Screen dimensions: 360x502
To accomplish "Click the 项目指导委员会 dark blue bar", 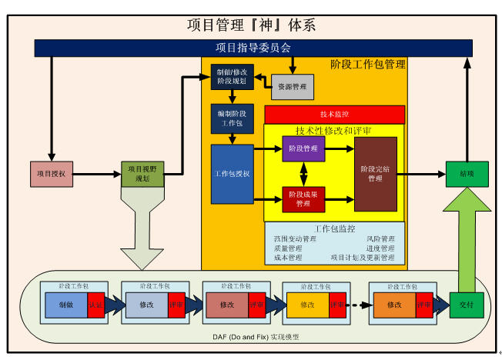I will click(x=253, y=48).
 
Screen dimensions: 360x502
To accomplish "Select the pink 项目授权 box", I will click(x=52, y=174).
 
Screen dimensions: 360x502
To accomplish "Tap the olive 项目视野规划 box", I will click(x=142, y=174).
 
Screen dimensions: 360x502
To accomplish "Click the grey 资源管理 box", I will click(x=293, y=87).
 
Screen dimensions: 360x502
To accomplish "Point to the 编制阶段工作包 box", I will click(x=232, y=118).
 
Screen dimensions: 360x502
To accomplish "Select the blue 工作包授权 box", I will click(x=232, y=174).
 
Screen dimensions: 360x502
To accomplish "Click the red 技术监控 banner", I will click(x=334, y=114).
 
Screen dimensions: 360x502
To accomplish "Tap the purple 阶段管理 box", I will click(x=303, y=148).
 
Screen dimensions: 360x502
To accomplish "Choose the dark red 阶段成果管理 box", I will click(x=303, y=199).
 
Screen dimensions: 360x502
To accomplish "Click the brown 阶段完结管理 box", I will click(x=375, y=174).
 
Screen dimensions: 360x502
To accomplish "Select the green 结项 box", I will click(x=467, y=174).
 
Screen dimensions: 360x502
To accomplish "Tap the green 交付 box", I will click(x=467, y=305).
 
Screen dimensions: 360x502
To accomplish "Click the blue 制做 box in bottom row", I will click(x=66, y=305).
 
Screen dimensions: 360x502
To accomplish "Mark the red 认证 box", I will click(x=95, y=305).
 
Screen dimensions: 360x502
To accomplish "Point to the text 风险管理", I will click(x=381, y=239).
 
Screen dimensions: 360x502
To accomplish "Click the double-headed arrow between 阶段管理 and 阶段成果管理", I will click(x=303, y=174).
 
